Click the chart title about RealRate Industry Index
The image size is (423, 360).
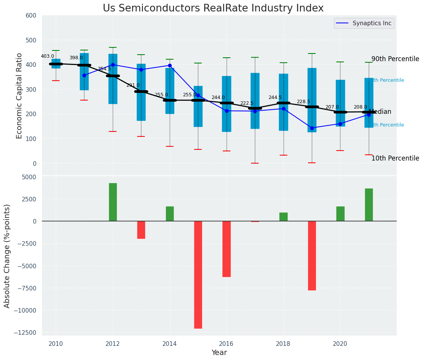point(213,8)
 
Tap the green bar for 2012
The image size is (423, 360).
point(113,202)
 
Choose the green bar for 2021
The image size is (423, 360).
point(369,204)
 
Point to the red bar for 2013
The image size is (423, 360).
point(141,230)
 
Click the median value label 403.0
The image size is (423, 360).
point(48,56)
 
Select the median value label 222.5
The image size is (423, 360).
point(247,103)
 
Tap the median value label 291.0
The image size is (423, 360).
point(133,85)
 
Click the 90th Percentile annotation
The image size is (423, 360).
point(395,59)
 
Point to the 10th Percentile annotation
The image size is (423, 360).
point(395,158)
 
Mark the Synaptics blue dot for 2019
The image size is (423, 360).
point(312,128)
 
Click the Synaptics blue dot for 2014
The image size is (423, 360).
point(170,65)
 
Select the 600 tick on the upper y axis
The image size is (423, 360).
point(31,15)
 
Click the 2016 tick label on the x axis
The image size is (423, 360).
point(226,344)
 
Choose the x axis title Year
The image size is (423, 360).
point(219,353)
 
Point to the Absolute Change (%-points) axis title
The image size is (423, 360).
point(7,256)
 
